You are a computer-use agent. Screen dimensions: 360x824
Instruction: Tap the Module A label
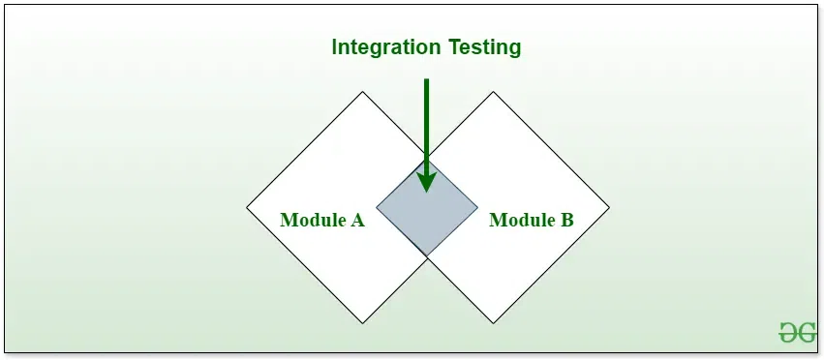[x=321, y=220]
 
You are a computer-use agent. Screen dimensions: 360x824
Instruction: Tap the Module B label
[x=532, y=220]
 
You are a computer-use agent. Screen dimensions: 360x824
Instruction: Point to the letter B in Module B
[x=566, y=220]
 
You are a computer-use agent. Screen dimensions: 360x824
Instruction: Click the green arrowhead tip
[x=427, y=192]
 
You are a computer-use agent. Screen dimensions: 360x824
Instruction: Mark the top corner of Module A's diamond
[x=363, y=92]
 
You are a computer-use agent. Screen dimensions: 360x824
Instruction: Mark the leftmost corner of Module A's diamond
[x=247, y=207]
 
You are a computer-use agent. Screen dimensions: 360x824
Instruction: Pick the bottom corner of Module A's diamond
[x=363, y=323]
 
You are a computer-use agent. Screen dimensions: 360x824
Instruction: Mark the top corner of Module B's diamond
[x=493, y=92]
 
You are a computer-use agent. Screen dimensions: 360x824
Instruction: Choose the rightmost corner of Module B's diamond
[x=609, y=207]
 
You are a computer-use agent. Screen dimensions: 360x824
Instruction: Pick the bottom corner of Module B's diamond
[x=493, y=323]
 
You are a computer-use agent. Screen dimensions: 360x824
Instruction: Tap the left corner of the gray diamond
[x=377, y=207]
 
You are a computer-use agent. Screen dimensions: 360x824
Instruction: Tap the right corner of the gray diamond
[x=478, y=207]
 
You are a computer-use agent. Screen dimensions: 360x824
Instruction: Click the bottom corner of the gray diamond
[x=427, y=256]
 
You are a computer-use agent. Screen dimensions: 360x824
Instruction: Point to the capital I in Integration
[x=335, y=46]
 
